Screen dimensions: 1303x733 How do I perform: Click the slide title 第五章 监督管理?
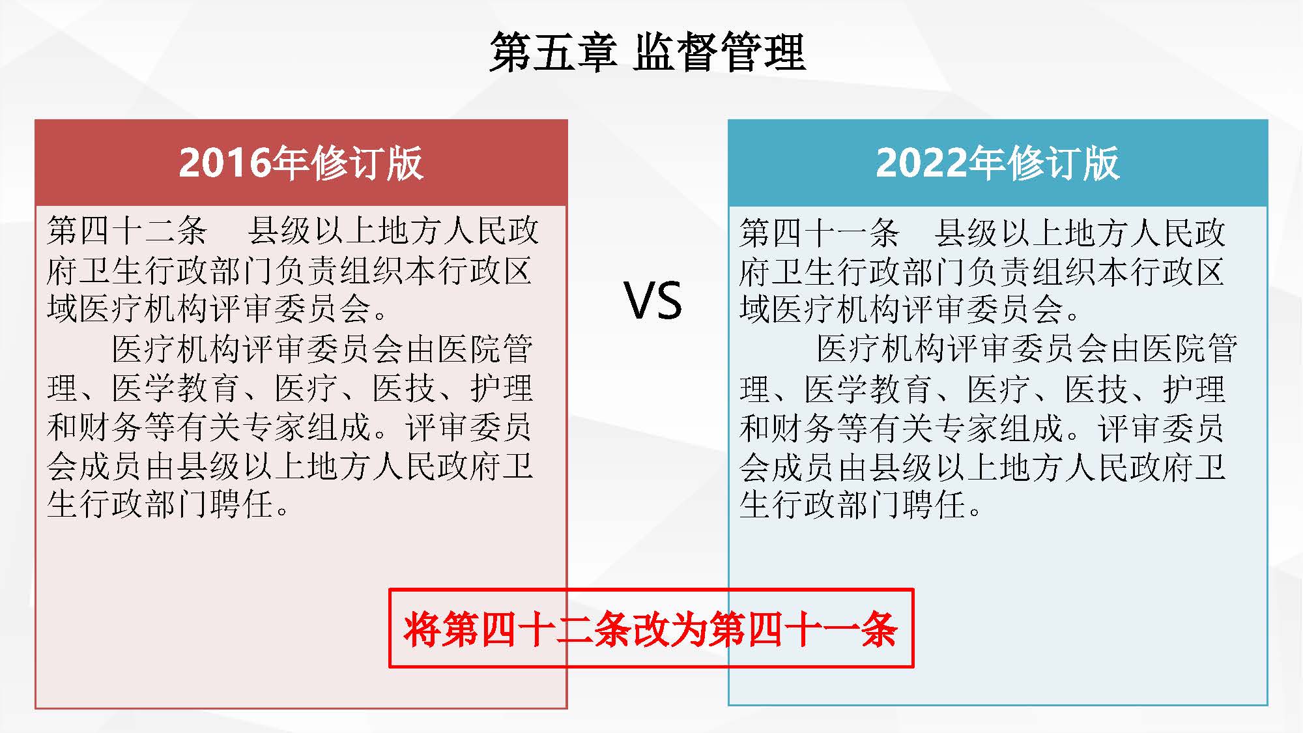(x=648, y=52)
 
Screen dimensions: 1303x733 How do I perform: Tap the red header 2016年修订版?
(x=301, y=163)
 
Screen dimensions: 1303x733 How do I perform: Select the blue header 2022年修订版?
(x=997, y=163)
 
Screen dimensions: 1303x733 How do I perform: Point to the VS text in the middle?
(x=653, y=300)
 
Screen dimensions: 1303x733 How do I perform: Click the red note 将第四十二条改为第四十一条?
(x=650, y=629)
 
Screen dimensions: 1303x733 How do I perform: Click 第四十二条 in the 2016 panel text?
(x=127, y=231)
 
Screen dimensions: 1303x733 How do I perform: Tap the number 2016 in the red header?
(x=224, y=163)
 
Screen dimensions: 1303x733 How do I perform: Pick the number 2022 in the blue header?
(x=921, y=163)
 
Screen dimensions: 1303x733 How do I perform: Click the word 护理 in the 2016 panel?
(x=502, y=388)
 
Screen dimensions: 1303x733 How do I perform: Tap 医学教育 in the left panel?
(x=176, y=388)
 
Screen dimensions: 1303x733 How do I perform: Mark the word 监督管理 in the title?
(x=720, y=52)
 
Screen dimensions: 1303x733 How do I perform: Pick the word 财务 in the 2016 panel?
(x=111, y=427)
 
